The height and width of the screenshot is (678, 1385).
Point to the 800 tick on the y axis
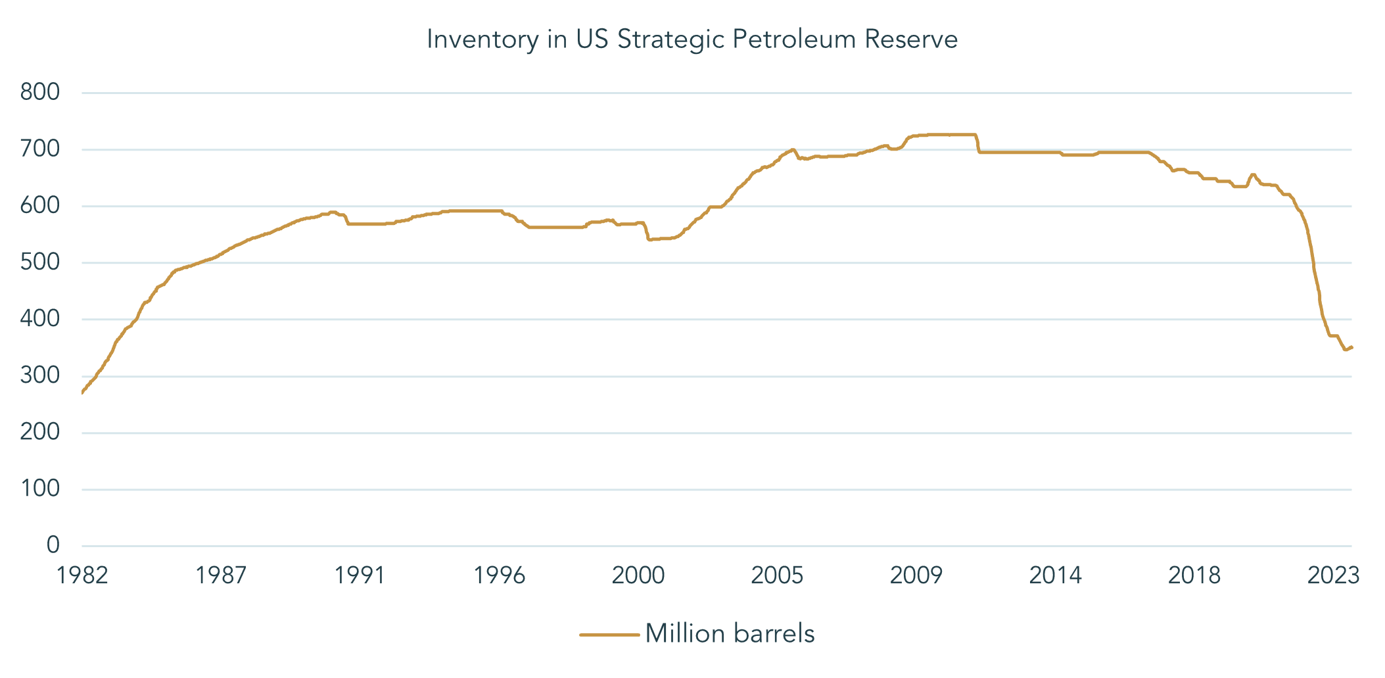coord(40,92)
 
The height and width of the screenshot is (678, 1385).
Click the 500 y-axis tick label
coord(40,262)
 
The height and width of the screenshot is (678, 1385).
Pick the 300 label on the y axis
coord(40,375)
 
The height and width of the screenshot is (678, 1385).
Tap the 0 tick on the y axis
coord(53,545)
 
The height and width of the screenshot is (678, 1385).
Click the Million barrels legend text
coord(730,634)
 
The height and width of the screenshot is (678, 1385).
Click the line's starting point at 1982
coord(82,393)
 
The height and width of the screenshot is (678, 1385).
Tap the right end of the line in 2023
coord(1351,347)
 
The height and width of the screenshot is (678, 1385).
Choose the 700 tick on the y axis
coord(40,149)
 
